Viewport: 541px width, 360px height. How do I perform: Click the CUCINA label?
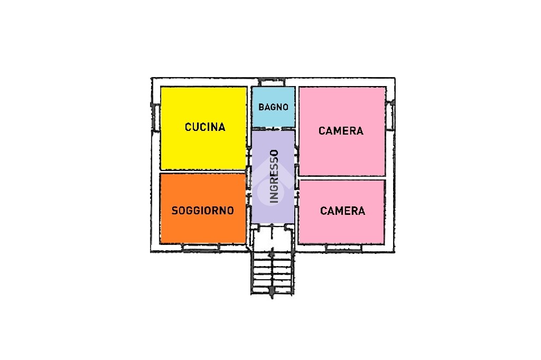205,127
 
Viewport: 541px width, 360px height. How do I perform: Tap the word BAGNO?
273,107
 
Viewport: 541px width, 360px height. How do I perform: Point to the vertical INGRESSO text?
274,176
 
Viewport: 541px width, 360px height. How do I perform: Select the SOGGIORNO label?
203,210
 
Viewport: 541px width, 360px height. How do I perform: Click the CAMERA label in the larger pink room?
341,131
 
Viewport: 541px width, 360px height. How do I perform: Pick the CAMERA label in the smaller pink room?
342,211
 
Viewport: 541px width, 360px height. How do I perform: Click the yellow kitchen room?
204,128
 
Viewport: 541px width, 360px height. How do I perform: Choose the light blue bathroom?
273,107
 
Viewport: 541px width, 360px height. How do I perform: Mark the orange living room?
203,209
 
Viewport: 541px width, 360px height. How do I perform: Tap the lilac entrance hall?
273,176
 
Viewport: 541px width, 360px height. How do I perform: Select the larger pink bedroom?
342,131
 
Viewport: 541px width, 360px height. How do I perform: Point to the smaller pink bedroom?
342,212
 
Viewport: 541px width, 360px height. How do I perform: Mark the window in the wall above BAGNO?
272,82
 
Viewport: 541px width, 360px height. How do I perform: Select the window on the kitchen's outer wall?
155,117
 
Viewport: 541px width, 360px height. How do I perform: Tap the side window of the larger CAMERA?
390,115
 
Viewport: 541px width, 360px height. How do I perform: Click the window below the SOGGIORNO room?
201,248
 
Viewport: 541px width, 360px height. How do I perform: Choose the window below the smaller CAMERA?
343,248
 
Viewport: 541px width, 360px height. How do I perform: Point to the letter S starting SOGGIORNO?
174,210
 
